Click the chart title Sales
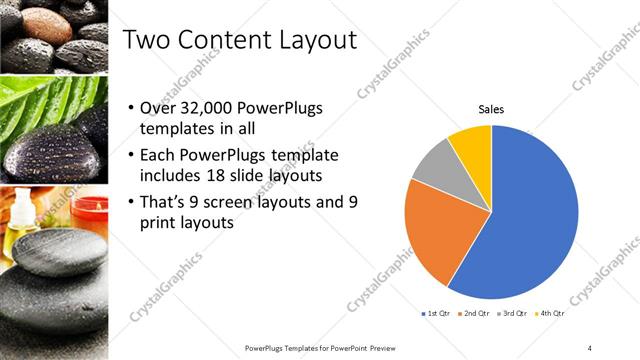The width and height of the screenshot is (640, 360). tap(491, 109)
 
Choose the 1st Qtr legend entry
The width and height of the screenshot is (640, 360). tap(435, 315)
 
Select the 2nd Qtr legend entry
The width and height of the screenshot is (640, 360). tap(473, 315)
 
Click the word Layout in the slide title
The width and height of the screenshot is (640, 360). tap(317, 40)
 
